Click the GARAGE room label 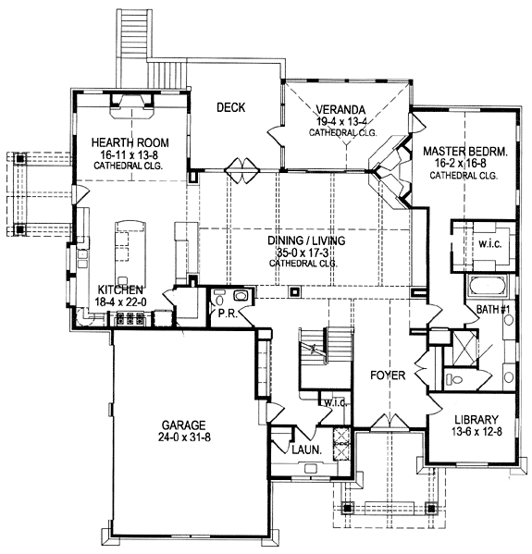183,425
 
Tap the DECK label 230,107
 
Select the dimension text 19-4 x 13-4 341,121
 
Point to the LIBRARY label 476,419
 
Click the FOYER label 388,375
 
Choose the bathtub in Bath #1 488,285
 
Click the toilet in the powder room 219,300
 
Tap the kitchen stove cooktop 130,318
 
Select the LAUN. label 307,449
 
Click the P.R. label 228,313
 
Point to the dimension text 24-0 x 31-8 184,437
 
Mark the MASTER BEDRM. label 465,152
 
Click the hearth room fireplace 132,105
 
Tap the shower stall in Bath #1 464,348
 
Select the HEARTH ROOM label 130,142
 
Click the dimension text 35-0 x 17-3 306,252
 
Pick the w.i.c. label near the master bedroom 490,244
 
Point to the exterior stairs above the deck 135,32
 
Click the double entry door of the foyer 390,421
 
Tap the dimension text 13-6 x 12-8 476,432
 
